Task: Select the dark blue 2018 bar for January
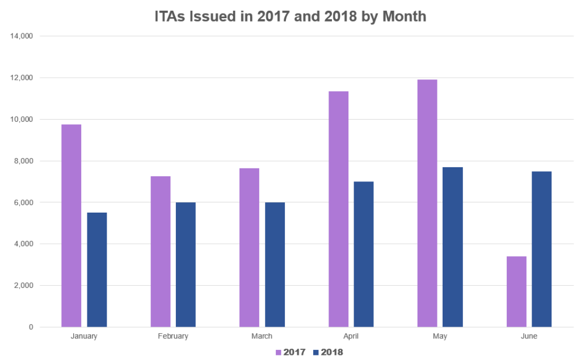[x=97, y=270]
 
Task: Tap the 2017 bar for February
[x=160, y=252]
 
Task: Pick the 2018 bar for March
[x=275, y=265]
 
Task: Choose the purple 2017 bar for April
[x=338, y=209]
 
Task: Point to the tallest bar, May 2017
[x=427, y=204]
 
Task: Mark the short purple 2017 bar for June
[x=516, y=292]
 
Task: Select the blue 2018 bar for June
[x=542, y=249]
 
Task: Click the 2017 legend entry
[x=290, y=352]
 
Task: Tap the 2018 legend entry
[x=328, y=352]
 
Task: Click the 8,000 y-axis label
[x=24, y=161]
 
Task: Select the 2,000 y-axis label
[x=24, y=286]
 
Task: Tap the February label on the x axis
[x=173, y=336]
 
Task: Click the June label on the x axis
[x=529, y=336]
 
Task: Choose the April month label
[x=351, y=336]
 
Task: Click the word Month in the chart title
[x=404, y=16]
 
